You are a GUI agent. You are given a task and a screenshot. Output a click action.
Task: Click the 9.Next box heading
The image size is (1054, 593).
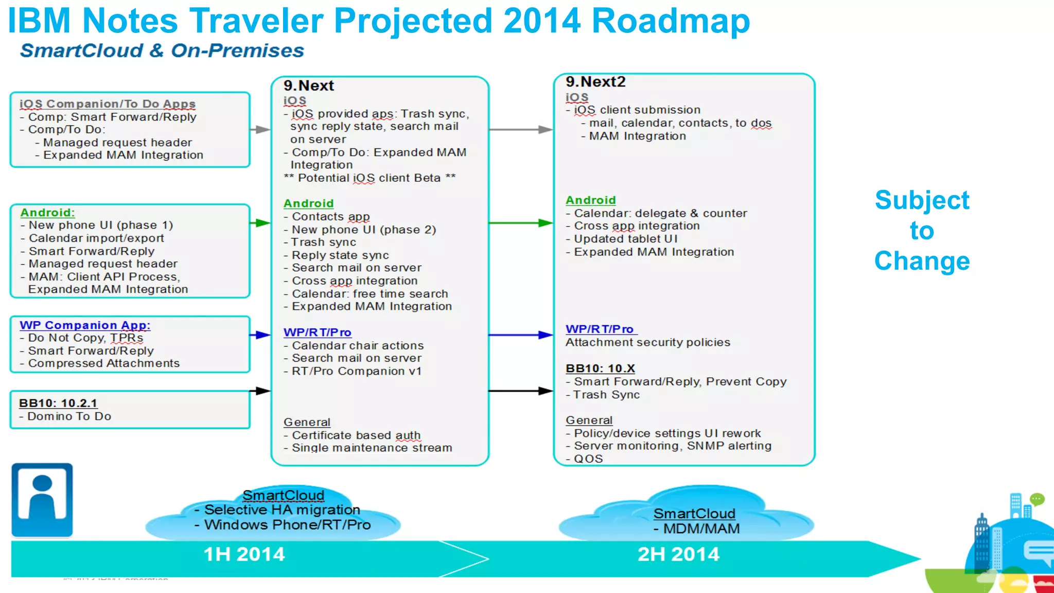coord(308,85)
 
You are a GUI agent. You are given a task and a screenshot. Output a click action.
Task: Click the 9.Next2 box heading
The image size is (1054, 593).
coord(595,82)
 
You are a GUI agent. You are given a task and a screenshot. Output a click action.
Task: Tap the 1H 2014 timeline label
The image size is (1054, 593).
coord(244,554)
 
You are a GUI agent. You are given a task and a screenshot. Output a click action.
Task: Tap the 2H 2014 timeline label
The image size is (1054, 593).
coord(678,554)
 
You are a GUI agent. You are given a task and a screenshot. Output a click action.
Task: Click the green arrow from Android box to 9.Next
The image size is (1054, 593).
coord(260,223)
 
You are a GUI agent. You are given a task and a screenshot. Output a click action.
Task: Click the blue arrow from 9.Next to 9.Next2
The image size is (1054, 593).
coord(520,335)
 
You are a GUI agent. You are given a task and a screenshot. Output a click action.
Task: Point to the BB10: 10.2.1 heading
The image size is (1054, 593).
coord(58,403)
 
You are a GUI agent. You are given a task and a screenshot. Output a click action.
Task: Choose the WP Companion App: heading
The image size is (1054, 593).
coord(85,325)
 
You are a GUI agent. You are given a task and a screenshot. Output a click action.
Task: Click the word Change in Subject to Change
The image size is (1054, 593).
coord(922,261)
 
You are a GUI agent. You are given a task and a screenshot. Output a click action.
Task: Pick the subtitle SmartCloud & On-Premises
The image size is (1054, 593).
coord(162,51)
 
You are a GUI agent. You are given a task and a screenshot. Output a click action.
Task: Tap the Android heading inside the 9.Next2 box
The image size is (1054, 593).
coord(590,200)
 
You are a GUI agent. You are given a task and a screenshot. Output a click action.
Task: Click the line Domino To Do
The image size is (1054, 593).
coord(69,416)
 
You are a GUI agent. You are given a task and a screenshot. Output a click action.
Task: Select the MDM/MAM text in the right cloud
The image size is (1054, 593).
coord(701,529)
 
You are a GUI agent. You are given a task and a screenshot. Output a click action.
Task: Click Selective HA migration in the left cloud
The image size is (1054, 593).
coord(282,510)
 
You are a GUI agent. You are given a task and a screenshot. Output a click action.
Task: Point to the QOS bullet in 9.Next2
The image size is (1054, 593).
coord(588,459)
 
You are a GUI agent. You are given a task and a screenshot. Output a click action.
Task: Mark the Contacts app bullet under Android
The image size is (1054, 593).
coord(330,217)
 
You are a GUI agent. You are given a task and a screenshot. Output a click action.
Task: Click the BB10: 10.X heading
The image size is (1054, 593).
coord(600,369)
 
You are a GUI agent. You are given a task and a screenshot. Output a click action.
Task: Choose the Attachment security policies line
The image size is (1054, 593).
coord(647,342)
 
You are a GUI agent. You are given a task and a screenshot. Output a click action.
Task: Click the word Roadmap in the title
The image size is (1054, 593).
coord(671,22)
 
